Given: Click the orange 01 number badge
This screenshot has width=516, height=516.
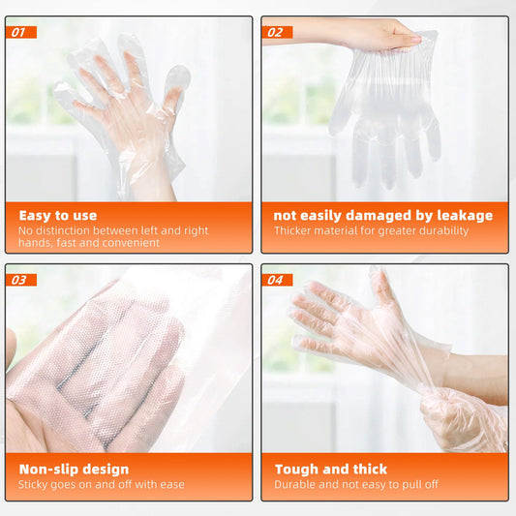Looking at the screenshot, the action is [x=21, y=32].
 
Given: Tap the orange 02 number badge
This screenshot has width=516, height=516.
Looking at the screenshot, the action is [x=277, y=32].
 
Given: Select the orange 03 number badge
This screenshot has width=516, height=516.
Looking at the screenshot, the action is [x=21, y=280].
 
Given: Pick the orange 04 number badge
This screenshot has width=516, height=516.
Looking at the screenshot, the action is [x=277, y=280].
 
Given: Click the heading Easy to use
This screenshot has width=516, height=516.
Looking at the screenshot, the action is [x=58, y=216].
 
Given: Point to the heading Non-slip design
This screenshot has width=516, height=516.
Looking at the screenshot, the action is [x=74, y=470].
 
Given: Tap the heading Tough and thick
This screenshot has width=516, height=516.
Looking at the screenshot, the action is [x=331, y=470].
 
